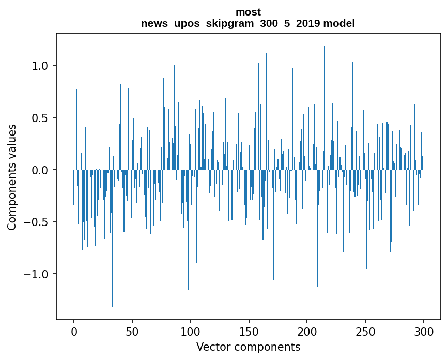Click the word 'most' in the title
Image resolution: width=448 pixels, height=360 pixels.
tap(248, 12)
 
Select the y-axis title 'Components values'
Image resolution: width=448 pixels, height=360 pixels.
tap(11, 177)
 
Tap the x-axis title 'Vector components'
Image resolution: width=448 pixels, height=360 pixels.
tap(248, 347)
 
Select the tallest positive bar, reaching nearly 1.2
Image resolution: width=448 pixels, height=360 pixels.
tap(325, 103)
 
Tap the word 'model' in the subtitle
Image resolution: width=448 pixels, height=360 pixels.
tap(339, 23)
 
